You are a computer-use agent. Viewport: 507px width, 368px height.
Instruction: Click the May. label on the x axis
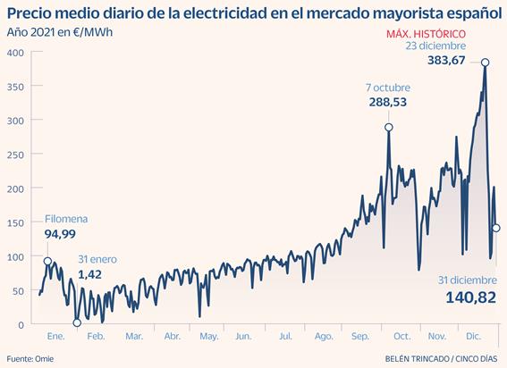click(x=208, y=336)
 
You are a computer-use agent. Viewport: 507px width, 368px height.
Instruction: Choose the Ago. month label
click(x=323, y=336)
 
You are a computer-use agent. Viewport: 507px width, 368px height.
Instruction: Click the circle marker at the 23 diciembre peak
click(x=485, y=63)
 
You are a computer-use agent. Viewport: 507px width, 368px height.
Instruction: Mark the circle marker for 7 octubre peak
click(x=389, y=127)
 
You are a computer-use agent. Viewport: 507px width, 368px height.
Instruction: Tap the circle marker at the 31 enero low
click(x=76, y=322)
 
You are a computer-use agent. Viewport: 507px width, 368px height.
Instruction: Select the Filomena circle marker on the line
click(x=47, y=261)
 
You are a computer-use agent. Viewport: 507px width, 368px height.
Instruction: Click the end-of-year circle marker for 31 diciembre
click(x=495, y=228)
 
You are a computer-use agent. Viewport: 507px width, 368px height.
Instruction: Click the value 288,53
click(x=388, y=103)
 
